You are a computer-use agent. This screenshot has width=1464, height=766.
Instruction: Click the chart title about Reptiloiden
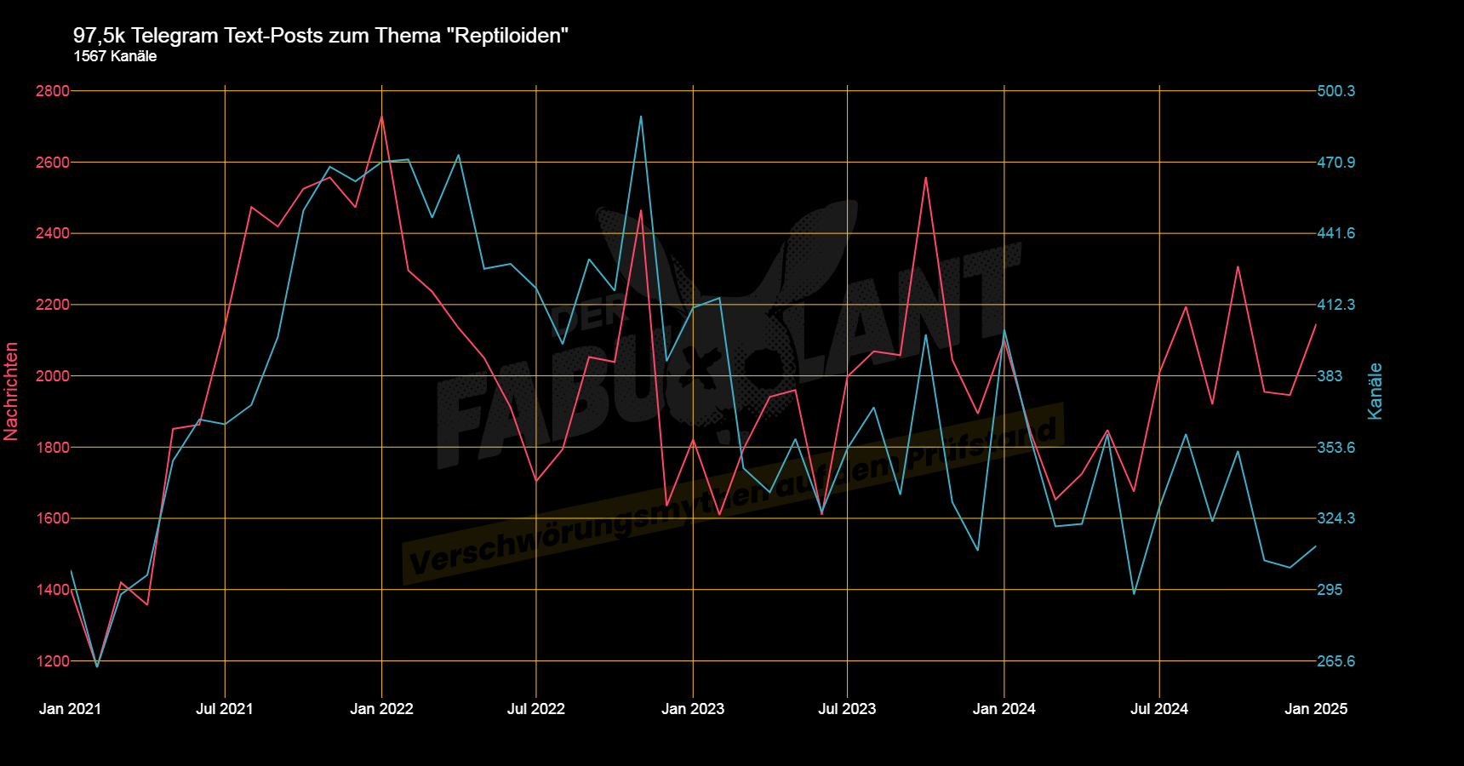[x=320, y=36]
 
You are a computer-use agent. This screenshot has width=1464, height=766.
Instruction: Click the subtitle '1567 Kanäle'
[x=115, y=56]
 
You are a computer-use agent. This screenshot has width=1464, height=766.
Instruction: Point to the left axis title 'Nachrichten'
[x=11, y=391]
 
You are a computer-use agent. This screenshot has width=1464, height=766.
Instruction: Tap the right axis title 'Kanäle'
[x=1375, y=391]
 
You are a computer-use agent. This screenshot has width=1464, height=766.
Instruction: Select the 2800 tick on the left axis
[x=52, y=91]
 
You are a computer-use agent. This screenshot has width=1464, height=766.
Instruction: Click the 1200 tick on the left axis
[x=52, y=661]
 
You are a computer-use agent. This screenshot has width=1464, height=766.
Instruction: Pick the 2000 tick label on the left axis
[x=52, y=376]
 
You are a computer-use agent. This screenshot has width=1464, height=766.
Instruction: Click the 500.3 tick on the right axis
[x=1335, y=91]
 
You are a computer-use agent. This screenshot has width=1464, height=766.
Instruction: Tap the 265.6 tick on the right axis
[x=1335, y=661]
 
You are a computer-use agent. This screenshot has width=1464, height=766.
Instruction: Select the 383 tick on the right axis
[x=1330, y=376]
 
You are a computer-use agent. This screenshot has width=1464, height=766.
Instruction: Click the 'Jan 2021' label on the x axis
[x=70, y=709]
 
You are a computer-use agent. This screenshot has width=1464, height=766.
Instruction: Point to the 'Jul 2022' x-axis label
[x=535, y=709]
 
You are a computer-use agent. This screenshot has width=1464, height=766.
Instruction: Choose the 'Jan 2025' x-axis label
[x=1316, y=709]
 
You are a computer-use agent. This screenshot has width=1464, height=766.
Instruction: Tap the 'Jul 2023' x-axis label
[x=847, y=709]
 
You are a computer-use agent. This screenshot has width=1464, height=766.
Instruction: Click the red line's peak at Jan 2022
[x=381, y=117]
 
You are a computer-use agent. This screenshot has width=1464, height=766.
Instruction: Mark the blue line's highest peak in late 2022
[x=641, y=117]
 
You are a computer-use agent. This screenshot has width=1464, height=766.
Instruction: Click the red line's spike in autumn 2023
[x=925, y=178]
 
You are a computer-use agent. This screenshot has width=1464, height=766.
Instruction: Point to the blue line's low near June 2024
[x=1134, y=593]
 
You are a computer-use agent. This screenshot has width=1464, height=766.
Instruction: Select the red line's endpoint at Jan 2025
[x=1316, y=324]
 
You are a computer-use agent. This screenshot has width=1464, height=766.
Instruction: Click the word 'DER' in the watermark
[x=587, y=317]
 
